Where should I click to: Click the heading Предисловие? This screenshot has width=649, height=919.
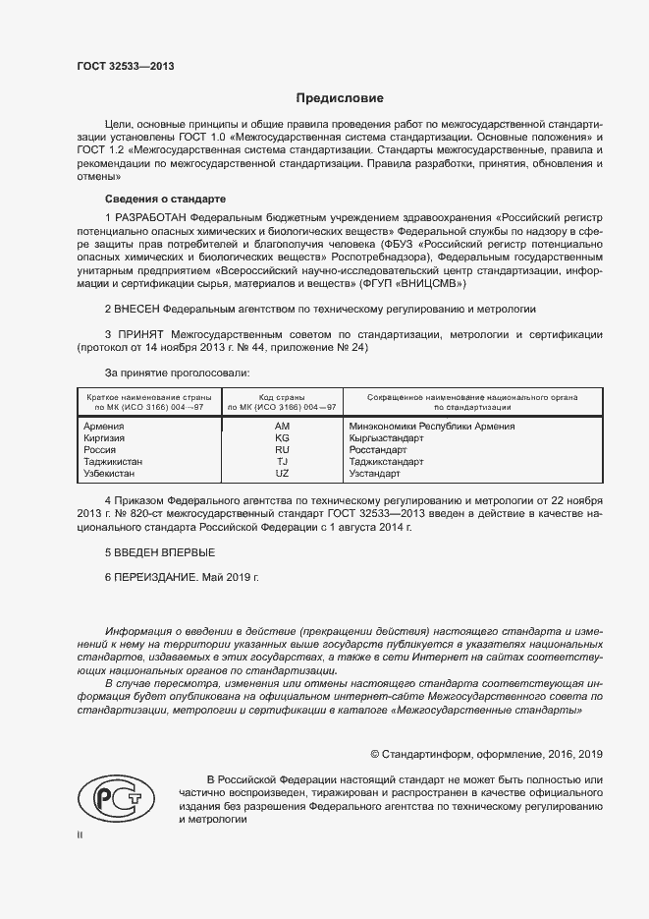[x=341, y=98]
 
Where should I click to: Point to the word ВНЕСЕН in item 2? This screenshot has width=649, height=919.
[x=138, y=309]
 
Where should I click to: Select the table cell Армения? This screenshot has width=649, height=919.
[x=104, y=427]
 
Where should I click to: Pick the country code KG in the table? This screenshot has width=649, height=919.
[x=282, y=438]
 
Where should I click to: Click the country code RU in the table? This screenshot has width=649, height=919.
[x=282, y=450]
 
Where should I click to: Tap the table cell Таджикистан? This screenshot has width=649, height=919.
[x=114, y=462]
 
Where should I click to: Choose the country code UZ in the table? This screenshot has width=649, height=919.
[x=282, y=474]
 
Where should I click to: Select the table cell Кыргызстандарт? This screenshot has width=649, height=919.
[x=385, y=438]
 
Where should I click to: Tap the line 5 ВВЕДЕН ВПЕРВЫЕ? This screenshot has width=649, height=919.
[x=158, y=554]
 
